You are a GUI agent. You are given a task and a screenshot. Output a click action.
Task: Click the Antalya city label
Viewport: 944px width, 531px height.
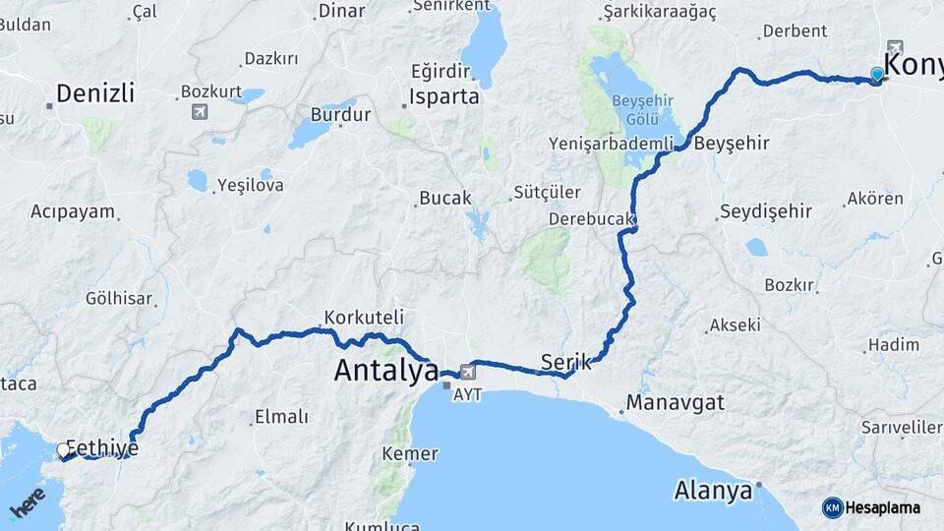point(385,371)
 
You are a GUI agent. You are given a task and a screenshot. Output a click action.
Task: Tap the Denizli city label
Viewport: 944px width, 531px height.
point(94,93)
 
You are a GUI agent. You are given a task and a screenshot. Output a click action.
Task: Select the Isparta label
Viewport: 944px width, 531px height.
point(445,97)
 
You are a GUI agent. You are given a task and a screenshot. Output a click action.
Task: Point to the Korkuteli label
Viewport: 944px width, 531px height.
point(362,318)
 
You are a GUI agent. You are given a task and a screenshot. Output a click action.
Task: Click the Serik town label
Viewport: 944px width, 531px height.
point(566,361)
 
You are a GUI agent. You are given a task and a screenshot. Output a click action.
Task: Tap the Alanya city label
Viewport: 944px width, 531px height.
point(714,489)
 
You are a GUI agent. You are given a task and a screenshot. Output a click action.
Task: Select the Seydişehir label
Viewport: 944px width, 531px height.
point(766,211)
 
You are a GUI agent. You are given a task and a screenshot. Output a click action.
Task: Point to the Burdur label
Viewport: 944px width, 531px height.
point(340,114)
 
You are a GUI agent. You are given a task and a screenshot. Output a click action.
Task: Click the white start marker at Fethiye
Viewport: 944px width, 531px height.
point(64,450)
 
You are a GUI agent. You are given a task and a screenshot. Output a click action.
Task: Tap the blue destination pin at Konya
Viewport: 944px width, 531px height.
point(876,74)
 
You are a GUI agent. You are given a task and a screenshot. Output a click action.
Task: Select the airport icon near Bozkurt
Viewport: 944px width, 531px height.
point(201,110)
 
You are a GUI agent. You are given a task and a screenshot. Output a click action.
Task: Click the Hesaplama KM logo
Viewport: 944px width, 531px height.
point(871,507)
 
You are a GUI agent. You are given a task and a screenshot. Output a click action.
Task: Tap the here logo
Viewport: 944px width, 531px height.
point(28,504)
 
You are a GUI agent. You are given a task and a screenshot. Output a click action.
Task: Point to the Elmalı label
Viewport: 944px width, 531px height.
point(281,417)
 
